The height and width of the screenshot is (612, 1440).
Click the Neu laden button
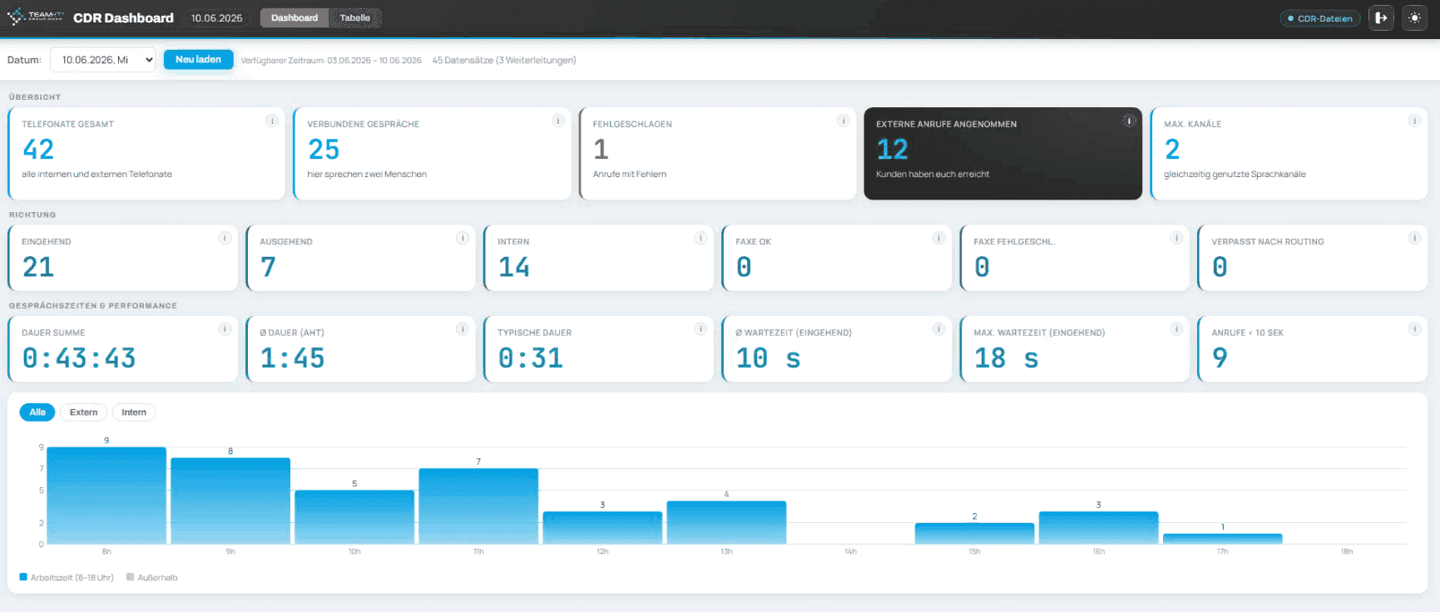click(198, 60)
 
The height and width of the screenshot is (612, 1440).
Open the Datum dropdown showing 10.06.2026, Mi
click(103, 60)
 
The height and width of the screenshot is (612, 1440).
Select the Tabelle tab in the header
click(355, 18)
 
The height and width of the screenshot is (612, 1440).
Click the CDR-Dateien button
click(1320, 18)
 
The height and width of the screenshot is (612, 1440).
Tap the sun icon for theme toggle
click(1414, 18)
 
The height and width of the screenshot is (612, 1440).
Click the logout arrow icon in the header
click(1381, 18)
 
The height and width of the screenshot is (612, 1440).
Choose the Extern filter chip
click(83, 412)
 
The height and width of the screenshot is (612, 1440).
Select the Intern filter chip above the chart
click(134, 412)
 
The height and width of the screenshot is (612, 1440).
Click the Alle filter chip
click(37, 412)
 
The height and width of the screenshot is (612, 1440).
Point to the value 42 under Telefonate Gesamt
click(38, 150)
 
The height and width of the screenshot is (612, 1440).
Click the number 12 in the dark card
click(892, 150)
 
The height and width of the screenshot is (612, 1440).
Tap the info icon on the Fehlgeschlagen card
click(843, 121)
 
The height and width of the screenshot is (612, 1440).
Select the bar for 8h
click(106, 496)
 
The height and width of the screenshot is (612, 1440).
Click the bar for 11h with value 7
click(478, 506)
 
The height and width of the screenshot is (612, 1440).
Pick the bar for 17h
click(1222, 539)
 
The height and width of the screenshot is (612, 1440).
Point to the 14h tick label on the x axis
click(850, 552)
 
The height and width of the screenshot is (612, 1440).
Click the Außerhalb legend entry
click(152, 577)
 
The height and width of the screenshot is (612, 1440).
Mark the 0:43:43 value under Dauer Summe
click(79, 358)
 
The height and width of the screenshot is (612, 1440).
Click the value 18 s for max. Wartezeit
click(1007, 358)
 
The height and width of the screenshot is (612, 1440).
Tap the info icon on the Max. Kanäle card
click(1414, 121)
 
